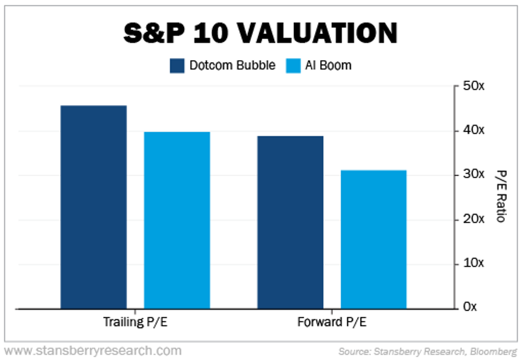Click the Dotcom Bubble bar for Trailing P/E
[94, 207]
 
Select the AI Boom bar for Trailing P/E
[177, 220]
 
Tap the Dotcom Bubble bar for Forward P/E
[290, 222]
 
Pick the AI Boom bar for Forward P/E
[374, 239]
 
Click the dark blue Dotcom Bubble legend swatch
[177, 66]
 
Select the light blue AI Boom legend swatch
[293, 66]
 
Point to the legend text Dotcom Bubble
[232, 65]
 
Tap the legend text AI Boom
[328, 65]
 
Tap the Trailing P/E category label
[135, 323]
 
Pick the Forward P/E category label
[332, 323]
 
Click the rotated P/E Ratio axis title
[499, 197]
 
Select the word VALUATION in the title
[317, 34]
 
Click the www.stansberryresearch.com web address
[93, 351]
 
